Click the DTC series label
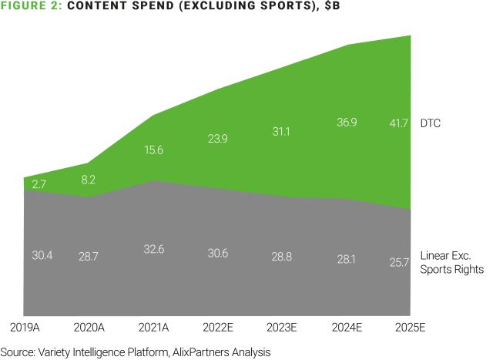click(431, 123)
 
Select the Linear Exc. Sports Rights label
click(452, 262)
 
